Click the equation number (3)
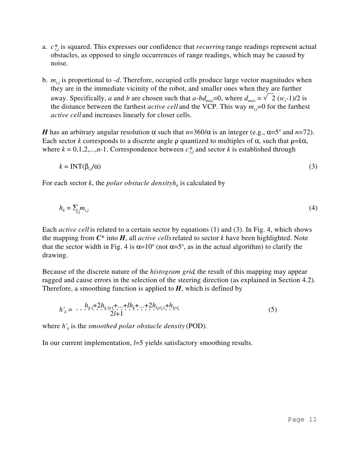pyautogui.click(x=313, y=167)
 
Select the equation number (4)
pyautogui.click(x=313, y=208)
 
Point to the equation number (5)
pyautogui.click(x=272, y=310)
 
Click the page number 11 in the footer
pyautogui.click(x=312, y=419)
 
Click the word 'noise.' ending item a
pyautogui.click(x=59, y=63)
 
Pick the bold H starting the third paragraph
pyautogui.click(x=45, y=132)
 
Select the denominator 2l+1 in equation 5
pyautogui.click(x=116, y=314)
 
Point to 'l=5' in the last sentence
pyautogui.click(x=138, y=343)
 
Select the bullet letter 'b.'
pyautogui.click(x=45, y=80)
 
